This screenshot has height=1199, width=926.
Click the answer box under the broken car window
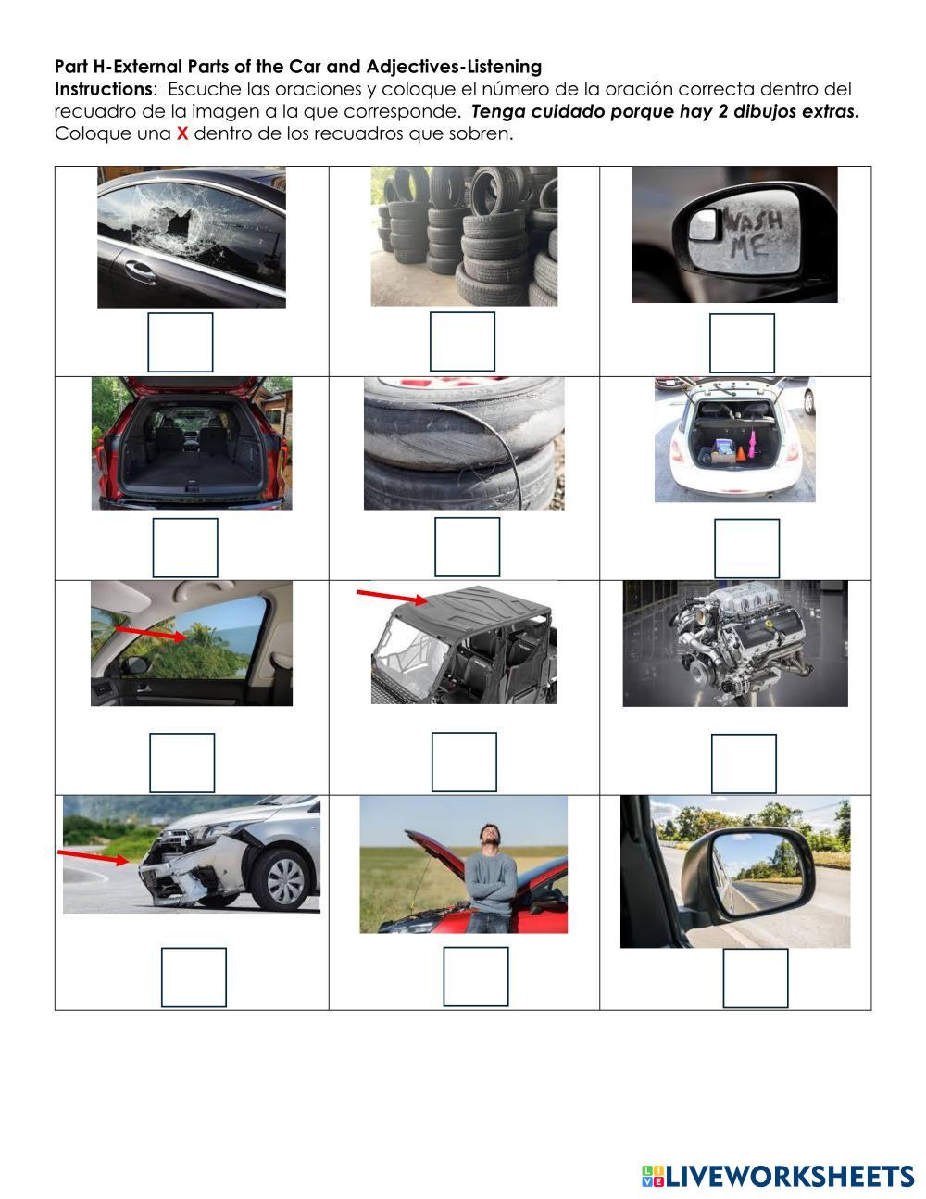pos(181,342)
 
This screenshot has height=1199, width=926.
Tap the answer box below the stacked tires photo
pos(462,342)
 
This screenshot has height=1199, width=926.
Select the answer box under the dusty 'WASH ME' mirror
pos(742,343)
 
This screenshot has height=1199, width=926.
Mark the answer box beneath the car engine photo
pos(745,764)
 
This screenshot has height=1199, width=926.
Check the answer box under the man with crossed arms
pos(476,977)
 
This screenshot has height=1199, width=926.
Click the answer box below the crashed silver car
pos(194,978)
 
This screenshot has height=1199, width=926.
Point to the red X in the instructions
pos(182,133)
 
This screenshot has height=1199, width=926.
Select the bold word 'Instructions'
pos(103,89)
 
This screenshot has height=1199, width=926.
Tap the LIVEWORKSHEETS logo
pos(778,1176)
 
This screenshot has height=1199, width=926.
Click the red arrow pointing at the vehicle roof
pos(392,598)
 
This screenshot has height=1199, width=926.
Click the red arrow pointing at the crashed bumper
pos(94,857)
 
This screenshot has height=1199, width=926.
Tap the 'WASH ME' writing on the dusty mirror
pos(755,235)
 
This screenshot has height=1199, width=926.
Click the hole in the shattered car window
pos(181,223)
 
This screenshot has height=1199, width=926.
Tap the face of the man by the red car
pos(488,835)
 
